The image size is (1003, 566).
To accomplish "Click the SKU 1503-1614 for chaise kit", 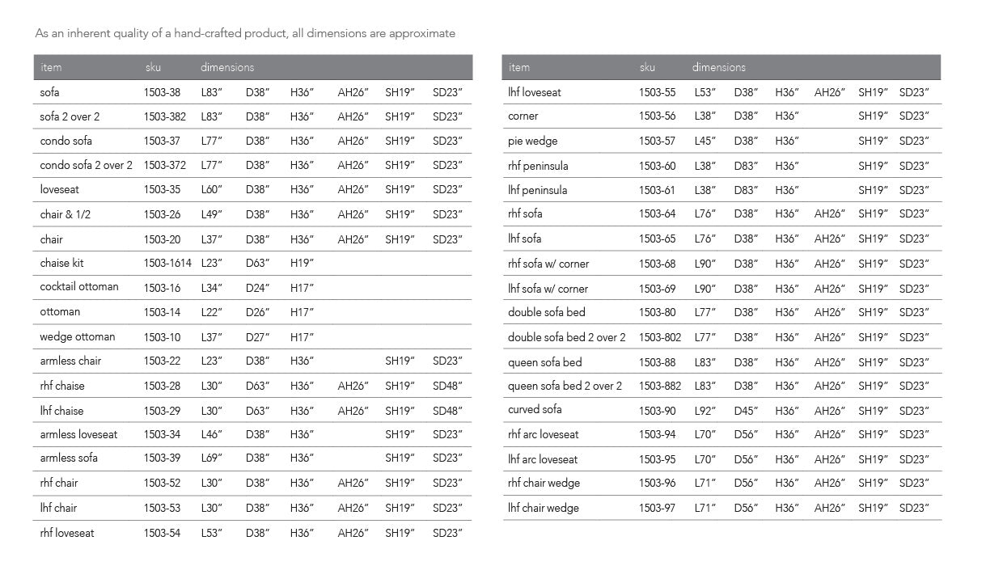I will tap(167, 263).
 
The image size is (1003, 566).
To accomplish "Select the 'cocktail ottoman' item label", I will tap(79, 287).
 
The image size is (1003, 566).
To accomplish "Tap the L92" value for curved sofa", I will tap(705, 411).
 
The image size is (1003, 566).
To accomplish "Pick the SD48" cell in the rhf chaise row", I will tap(447, 386).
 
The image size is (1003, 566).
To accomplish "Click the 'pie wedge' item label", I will tap(532, 141).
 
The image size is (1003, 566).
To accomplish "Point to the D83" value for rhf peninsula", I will tap(746, 166).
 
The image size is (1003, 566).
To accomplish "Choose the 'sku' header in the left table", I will tap(153, 67).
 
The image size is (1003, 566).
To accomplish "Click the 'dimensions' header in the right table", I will tap(718, 67).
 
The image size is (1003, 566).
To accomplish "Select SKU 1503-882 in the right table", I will tap(660, 386).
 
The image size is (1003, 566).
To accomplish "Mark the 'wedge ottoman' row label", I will tap(78, 336).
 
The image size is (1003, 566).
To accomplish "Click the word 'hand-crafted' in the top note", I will tap(205, 33).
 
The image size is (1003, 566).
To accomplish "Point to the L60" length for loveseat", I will tap(212, 189).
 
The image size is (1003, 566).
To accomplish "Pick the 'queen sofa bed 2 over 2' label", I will tap(565, 386).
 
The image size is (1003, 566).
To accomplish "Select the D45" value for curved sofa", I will tap(746, 411).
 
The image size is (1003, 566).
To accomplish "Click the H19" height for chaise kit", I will tap(302, 263).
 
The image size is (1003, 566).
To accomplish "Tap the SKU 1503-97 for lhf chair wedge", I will tap(657, 508).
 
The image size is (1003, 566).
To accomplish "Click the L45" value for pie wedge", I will tap(705, 141).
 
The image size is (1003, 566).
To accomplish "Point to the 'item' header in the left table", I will tap(50, 67).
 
